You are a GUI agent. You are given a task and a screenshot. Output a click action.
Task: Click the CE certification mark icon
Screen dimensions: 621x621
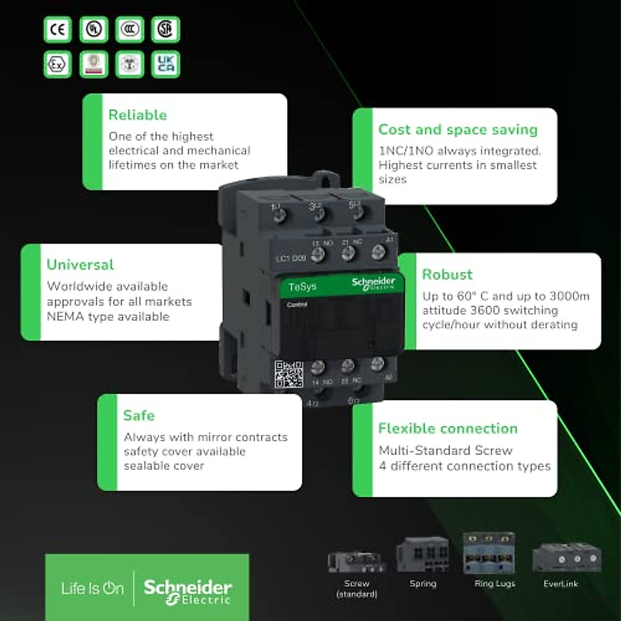point(57,29)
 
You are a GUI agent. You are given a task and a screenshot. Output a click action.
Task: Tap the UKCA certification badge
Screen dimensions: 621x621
point(166,65)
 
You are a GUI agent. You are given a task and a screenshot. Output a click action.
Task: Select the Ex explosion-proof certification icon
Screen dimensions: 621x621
point(57,65)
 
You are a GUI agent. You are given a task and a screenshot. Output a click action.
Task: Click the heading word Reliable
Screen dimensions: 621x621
point(138,115)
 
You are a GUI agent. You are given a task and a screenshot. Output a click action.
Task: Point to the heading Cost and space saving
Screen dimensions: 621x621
point(458,129)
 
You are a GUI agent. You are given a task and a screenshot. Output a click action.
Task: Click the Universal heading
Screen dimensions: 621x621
point(80,264)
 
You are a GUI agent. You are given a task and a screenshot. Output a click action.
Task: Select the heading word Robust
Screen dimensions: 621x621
point(447,274)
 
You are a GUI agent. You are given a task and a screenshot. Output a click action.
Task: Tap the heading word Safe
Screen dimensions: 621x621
point(139,416)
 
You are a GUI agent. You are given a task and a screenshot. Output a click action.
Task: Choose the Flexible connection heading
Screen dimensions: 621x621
point(448,428)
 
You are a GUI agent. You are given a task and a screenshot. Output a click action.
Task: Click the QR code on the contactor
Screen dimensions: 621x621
point(289,374)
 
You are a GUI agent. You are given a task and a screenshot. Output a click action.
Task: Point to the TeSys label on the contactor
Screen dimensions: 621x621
point(302,287)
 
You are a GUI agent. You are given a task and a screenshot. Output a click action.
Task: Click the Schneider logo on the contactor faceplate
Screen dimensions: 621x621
point(374,283)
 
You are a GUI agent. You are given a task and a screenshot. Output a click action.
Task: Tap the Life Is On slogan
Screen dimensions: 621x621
point(93,588)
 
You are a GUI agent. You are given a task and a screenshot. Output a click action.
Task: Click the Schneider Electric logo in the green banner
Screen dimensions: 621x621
point(188,591)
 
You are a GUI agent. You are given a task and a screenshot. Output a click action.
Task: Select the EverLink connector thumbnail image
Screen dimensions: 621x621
point(567,557)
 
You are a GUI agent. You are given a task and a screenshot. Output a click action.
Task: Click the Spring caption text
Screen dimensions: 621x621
point(423,584)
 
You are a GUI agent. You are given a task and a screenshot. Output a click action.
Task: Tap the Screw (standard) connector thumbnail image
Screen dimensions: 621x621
point(357,561)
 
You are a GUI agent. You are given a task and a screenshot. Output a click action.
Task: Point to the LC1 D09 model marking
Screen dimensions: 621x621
point(291,258)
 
